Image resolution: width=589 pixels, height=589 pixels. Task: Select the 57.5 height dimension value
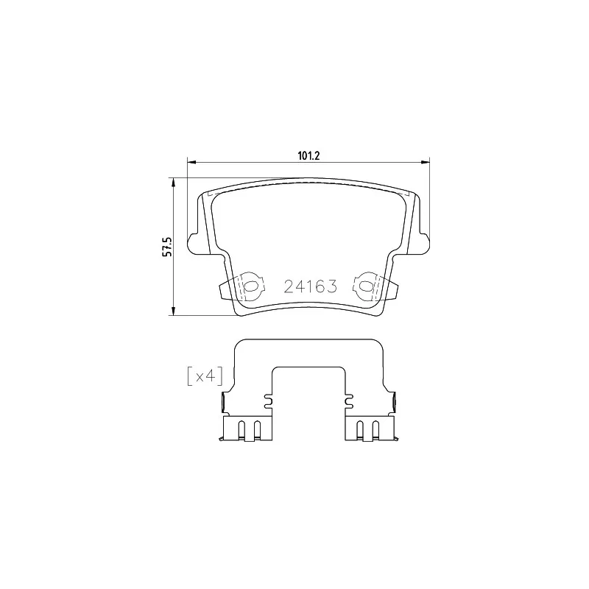167,247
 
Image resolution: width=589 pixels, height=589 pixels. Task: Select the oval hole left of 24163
250,286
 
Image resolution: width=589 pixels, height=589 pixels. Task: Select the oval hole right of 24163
364,286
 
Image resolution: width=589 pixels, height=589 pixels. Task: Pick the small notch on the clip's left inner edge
267,401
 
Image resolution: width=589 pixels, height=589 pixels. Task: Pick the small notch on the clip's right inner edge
350,401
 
